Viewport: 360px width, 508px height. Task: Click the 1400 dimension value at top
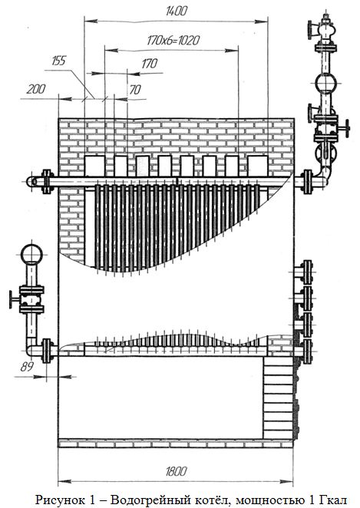point(177,11)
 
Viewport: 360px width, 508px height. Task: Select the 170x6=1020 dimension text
point(173,41)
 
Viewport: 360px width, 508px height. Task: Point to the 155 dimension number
point(58,61)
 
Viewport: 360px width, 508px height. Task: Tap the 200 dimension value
point(35,89)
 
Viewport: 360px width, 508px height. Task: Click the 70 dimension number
point(135,90)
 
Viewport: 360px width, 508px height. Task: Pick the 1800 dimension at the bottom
point(176,471)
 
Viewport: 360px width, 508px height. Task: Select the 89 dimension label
point(27,367)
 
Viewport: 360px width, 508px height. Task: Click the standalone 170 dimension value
point(150,64)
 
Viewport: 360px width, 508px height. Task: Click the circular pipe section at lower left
point(31,255)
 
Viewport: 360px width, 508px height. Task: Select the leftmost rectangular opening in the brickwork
point(94,167)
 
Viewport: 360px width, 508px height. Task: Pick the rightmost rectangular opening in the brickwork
point(258,167)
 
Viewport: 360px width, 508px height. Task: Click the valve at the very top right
point(324,31)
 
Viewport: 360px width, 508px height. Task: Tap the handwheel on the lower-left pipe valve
point(12,299)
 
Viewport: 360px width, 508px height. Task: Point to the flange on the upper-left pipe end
point(47,181)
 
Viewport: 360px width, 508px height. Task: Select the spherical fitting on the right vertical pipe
point(325,84)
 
